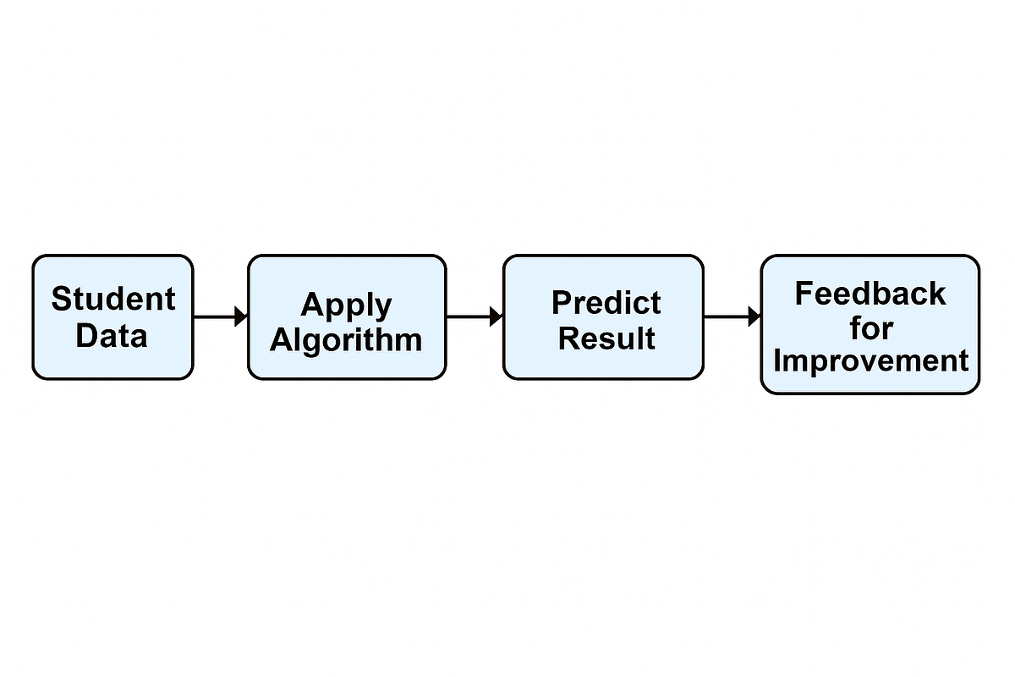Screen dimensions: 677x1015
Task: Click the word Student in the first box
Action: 112,299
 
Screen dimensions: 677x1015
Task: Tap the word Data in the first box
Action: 111,336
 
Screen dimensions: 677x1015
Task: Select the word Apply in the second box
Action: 346,305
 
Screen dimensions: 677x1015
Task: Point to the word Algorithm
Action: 346,339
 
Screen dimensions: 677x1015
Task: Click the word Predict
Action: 606,302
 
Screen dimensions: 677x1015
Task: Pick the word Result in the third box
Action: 606,338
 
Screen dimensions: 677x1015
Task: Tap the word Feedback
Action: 870,294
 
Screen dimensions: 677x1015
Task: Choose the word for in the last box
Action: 871,327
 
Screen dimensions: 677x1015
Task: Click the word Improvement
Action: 870,361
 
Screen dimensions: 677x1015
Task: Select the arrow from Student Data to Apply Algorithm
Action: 218,316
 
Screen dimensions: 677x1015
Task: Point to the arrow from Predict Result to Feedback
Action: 729,316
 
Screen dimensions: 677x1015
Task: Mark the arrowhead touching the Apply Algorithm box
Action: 241,316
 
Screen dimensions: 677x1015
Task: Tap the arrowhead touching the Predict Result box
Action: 497,316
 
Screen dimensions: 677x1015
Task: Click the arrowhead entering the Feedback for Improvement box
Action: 754,316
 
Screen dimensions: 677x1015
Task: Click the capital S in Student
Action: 60,299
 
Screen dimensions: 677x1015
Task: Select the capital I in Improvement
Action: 778,361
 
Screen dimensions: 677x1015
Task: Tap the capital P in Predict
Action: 561,302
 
